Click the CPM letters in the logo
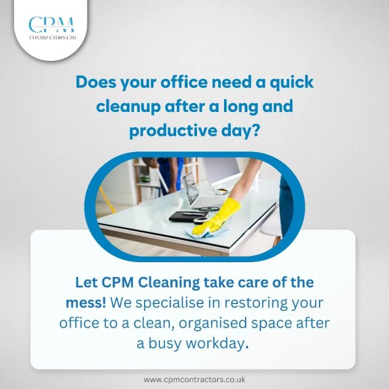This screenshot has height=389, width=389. pos(51,25)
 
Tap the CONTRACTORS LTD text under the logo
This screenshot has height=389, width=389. pos(52,38)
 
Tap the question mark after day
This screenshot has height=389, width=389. pos(254,130)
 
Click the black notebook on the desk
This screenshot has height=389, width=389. pos(188,217)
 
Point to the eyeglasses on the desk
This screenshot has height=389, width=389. pos(208,209)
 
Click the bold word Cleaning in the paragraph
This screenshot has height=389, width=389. pos(169,283)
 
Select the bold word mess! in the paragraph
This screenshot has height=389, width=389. pos(86,303)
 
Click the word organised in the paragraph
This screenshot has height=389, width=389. pos(213,324)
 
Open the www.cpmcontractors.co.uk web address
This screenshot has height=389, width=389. pos(194,380)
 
